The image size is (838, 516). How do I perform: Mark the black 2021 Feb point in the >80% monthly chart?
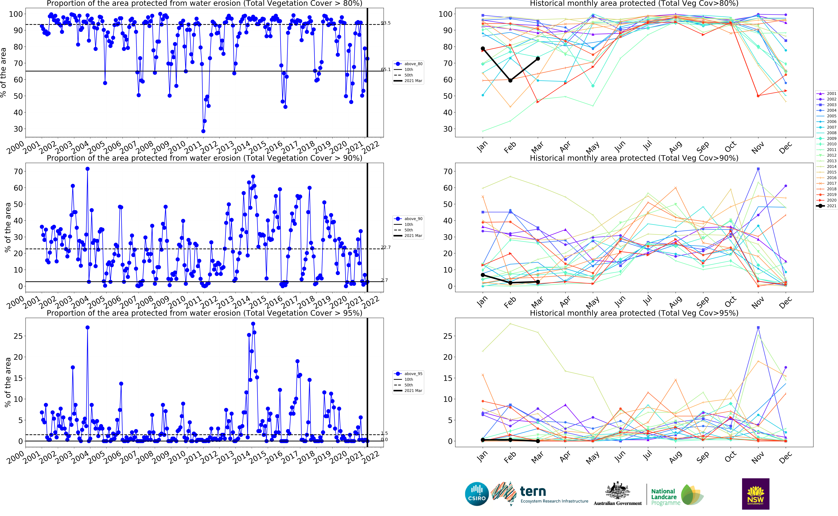(x=510, y=81)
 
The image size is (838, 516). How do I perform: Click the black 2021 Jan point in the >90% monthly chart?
(x=483, y=275)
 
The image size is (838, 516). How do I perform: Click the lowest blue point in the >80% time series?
(x=203, y=131)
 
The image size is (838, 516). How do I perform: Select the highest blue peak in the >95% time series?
(x=253, y=323)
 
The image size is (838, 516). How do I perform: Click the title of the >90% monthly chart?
(x=634, y=158)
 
